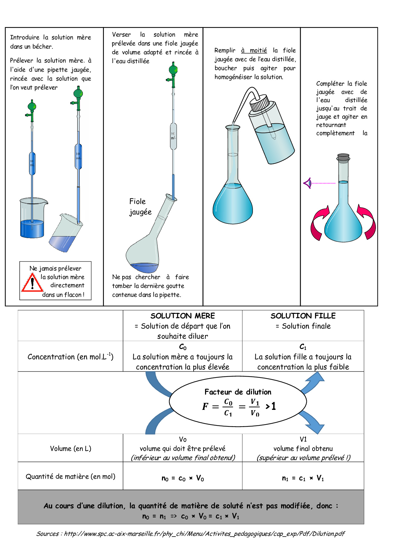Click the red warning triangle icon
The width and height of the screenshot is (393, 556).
[x=32, y=283]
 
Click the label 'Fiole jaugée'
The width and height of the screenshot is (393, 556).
[x=140, y=207]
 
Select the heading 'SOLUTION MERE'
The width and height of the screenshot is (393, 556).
[x=183, y=316]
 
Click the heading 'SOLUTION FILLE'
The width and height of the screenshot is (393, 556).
[x=303, y=316]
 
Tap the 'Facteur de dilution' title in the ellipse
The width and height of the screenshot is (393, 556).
[x=238, y=392]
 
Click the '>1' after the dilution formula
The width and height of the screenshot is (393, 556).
[x=271, y=406]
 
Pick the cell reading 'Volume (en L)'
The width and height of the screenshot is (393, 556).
[x=70, y=449]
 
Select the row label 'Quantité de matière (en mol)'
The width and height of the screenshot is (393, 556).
[x=70, y=476]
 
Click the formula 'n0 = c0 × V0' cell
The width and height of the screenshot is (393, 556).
[x=183, y=478]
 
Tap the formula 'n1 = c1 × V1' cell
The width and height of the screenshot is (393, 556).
[x=303, y=478]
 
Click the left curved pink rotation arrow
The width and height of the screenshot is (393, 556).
[x=319, y=222]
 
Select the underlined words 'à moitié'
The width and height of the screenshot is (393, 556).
[x=254, y=50]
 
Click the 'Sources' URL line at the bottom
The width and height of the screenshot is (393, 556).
[x=190, y=534]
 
